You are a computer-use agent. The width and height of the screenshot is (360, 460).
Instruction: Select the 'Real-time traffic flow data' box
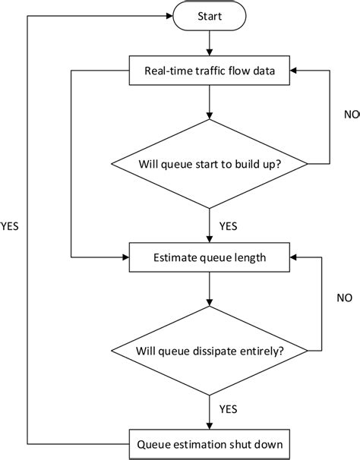[x=209, y=72]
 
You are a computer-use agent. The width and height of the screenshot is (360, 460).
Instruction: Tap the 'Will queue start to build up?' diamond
[x=209, y=163]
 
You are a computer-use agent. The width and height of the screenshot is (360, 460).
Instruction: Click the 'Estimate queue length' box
[x=209, y=257]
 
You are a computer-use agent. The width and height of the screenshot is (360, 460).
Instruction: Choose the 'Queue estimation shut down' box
[x=209, y=443]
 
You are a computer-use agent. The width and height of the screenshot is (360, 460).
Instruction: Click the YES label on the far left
[x=11, y=225]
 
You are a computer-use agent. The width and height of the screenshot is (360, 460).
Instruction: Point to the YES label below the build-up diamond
[x=229, y=225]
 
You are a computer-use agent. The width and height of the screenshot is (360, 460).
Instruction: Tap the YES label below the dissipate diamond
[x=229, y=409]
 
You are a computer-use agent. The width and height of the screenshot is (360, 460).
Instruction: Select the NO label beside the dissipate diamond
[x=345, y=298]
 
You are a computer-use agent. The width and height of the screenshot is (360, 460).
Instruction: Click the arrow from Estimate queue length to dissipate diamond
[x=209, y=288]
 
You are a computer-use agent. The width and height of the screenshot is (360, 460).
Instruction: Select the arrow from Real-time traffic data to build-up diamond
[x=209, y=103]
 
